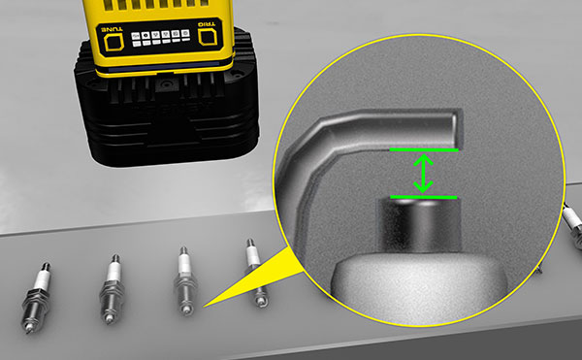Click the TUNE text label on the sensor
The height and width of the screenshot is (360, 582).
pos(112,29)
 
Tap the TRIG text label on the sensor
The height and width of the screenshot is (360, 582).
pos(207,25)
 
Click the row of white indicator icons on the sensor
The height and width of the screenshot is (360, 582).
pos(161,38)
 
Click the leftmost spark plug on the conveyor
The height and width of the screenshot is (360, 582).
pos(36,297)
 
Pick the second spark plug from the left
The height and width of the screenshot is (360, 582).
pos(112,289)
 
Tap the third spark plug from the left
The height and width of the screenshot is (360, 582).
pos(185,281)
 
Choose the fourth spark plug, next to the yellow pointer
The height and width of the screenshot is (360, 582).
pos(256,273)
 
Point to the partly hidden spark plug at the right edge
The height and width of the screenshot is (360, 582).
pos(572,225)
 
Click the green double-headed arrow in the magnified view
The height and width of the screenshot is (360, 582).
pos(423,174)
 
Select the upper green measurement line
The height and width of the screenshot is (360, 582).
pos(424,149)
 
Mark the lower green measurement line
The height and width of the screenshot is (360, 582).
pos(424,197)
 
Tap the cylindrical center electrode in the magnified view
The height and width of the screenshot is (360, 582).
pos(419,225)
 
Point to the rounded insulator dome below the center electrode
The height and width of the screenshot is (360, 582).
pos(418,286)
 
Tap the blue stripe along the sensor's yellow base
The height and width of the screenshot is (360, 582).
pos(163,67)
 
